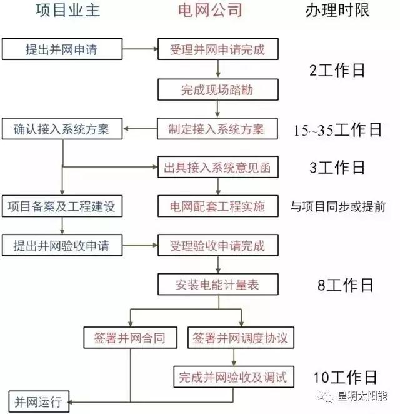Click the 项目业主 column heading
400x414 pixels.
click(67, 11)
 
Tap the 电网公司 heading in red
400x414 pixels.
click(210, 11)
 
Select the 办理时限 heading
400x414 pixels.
click(337, 11)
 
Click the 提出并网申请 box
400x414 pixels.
click(62, 49)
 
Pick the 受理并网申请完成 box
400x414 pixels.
click(218, 49)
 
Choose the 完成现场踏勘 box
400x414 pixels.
click(218, 89)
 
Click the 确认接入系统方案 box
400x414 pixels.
click(62, 129)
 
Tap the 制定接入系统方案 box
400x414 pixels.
click(217, 129)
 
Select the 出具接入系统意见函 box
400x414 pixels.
click(218, 167)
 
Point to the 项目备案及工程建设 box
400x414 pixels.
click(62, 206)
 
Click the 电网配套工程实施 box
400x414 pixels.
click(218, 206)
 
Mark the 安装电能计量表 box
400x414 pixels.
click(218, 285)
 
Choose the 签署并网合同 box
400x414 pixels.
click(131, 338)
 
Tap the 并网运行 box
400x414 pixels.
click(39, 402)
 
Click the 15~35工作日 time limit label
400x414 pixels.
click(337, 129)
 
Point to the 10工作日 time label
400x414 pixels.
click(345, 377)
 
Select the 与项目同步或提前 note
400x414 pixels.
click(338, 206)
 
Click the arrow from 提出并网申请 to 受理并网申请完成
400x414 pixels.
click(140, 49)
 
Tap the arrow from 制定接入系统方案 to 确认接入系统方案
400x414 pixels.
click(141, 129)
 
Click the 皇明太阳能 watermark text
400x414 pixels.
click(362, 396)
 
